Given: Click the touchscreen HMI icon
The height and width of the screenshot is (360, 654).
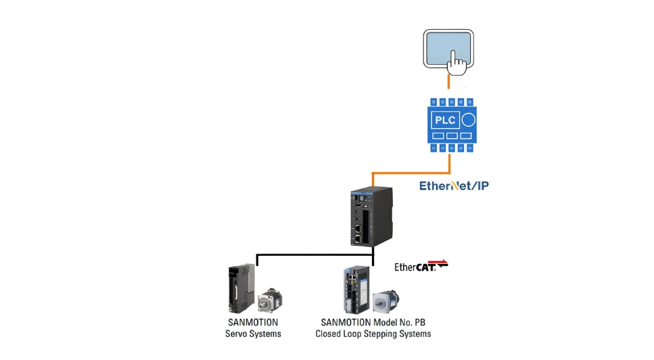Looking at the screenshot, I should [449, 49].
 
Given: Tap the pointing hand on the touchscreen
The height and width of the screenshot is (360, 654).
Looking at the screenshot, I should [458, 64].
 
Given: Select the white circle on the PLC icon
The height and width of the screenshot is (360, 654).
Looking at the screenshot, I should [468, 121].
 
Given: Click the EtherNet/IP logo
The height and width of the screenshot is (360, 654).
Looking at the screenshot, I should [453, 185].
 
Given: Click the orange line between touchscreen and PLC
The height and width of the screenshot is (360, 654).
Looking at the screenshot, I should [448, 83].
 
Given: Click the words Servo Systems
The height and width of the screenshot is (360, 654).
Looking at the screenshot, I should [253, 334].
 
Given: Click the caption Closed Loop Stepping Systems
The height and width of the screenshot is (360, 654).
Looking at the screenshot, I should [373, 334].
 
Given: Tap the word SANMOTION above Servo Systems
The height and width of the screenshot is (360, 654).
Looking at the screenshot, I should [253, 323].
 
